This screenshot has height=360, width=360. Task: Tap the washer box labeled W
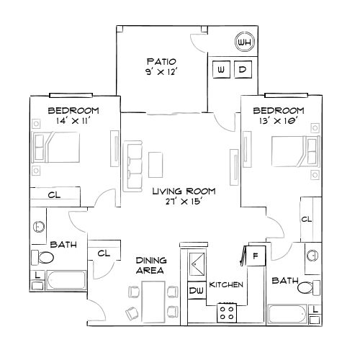click(x=221, y=70)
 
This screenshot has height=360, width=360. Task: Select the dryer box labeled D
click(x=243, y=70)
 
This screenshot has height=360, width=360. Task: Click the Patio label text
click(x=161, y=61)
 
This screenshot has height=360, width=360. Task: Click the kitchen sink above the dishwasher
click(x=197, y=265)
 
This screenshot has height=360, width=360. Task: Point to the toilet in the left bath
click(x=45, y=257)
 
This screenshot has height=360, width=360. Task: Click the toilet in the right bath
click(x=307, y=289)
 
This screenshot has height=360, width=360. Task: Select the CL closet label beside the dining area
click(x=103, y=253)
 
